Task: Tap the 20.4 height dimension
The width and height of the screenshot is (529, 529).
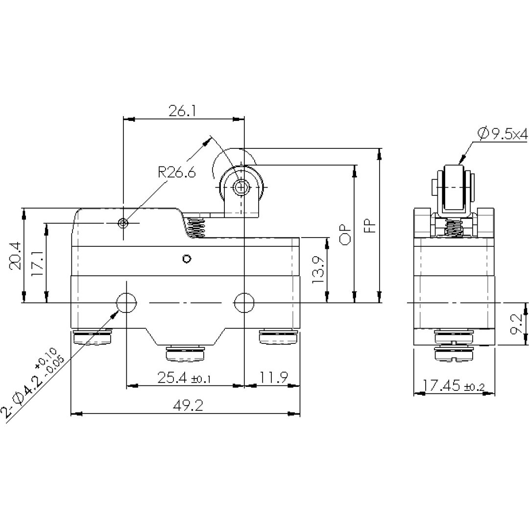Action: [16, 255]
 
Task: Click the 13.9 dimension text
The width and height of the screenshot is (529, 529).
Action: [318, 270]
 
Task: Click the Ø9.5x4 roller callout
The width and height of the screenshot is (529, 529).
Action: [503, 134]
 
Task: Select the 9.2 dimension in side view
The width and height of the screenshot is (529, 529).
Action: [516, 324]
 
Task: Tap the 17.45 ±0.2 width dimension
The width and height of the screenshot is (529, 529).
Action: [454, 385]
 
